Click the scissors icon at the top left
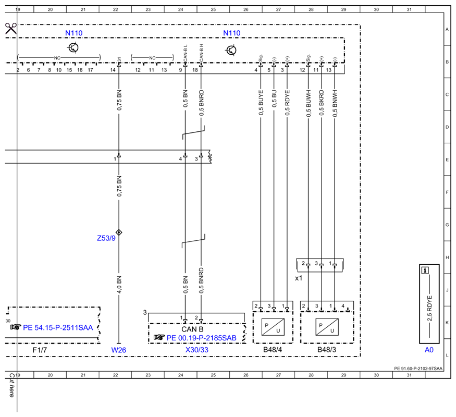tap(11, 29)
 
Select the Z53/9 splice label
tap(106, 238)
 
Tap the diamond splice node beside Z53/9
tap(119, 232)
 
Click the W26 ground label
tap(119, 350)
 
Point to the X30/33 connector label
tap(197, 350)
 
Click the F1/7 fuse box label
tap(40, 350)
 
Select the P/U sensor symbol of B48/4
tap(273, 327)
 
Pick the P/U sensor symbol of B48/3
tap(327, 327)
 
